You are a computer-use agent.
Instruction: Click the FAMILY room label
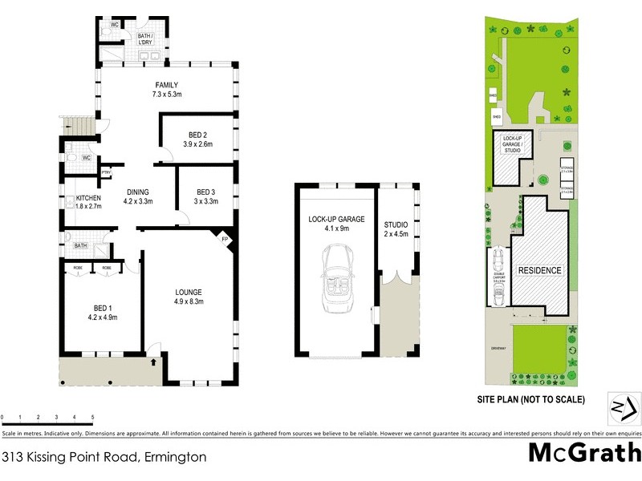click(166, 85)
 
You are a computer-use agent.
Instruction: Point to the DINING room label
click(138, 191)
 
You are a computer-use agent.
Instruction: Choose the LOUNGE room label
click(189, 292)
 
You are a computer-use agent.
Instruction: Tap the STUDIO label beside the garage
click(396, 224)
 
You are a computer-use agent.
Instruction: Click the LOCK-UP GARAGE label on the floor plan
click(337, 218)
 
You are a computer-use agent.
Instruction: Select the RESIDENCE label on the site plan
click(538, 270)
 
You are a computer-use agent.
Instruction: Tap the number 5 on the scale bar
click(92, 418)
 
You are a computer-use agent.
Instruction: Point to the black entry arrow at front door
click(152, 362)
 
